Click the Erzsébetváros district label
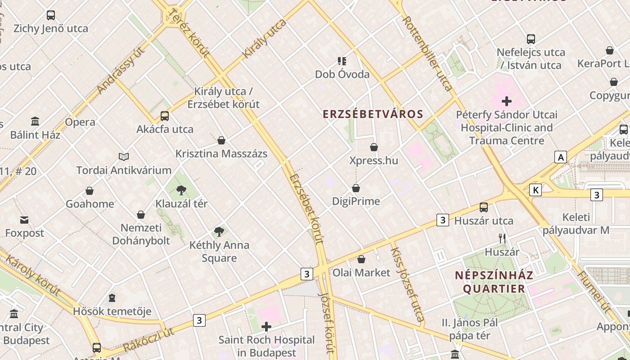pyautogui.click(x=373, y=114)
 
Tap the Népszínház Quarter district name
pyautogui.click(x=494, y=282)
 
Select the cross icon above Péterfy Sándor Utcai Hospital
pyautogui.click(x=507, y=101)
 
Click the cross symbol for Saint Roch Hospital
pyautogui.click(x=266, y=326)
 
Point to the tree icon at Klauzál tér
pyautogui.click(x=181, y=190)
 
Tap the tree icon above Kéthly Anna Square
pyautogui.click(x=219, y=232)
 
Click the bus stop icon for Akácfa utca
pyautogui.click(x=165, y=116)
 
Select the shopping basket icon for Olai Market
pyautogui.click(x=361, y=259)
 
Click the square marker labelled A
pyautogui.click(x=560, y=157)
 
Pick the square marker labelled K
pyautogui.click(x=535, y=190)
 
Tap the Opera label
pyautogui.click(x=80, y=122)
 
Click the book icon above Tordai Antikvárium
pyautogui.click(x=124, y=157)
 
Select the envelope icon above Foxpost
pyautogui.click(x=24, y=220)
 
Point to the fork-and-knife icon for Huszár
pyautogui.click(x=502, y=238)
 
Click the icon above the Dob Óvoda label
pyautogui.click(x=342, y=61)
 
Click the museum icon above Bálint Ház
pyautogui.click(x=35, y=121)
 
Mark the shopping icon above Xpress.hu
pyautogui.click(x=373, y=147)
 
